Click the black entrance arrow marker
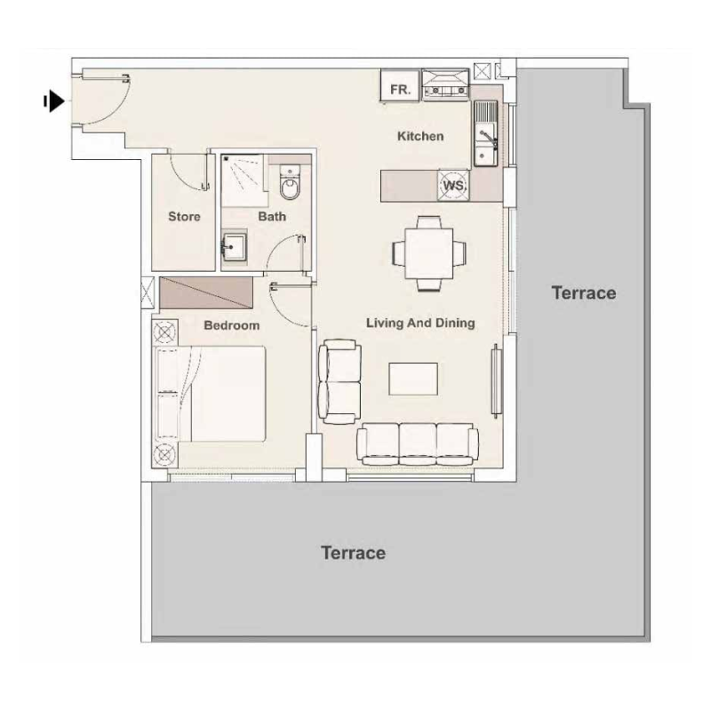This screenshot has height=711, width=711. (x=55, y=102)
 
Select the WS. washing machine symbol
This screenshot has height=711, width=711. (x=454, y=186)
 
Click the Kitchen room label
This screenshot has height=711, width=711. (x=419, y=136)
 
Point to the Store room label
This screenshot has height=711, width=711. (x=184, y=216)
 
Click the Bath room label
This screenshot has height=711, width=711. (x=272, y=216)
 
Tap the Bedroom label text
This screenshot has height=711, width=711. (x=231, y=325)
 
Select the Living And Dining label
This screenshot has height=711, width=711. (x=420, y=323)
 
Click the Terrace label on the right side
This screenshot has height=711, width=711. (x=583, y=292)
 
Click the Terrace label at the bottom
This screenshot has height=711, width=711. (x=353, y=553)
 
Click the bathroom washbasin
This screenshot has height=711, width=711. (x=236, y=246)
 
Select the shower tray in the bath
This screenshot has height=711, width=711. (x=242, y=176)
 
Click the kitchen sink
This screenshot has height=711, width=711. (x=485, y=133)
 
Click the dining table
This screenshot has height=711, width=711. (x=428, y=253)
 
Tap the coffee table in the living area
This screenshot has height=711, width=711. (x=413, y=379)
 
